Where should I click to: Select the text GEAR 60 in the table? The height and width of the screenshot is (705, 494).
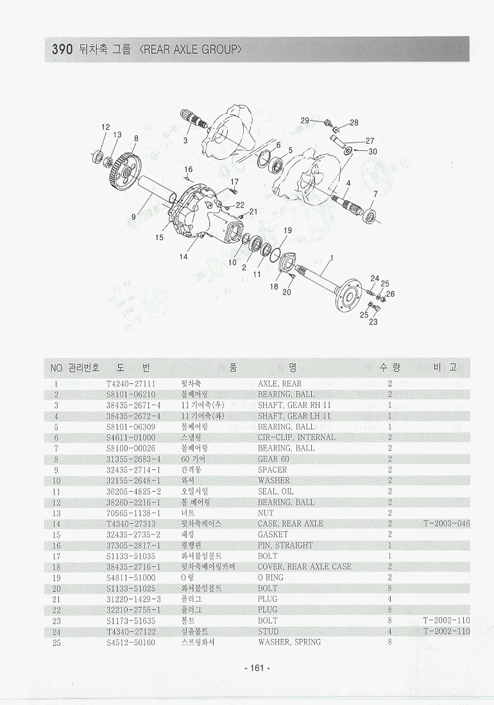point(273,459)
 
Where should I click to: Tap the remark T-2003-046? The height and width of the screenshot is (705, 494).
point(447,524)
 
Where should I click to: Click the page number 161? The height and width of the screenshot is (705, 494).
point(257,668)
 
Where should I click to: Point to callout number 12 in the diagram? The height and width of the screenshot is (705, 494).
point(106,127)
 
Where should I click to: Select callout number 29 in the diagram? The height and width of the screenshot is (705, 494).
point(305,121)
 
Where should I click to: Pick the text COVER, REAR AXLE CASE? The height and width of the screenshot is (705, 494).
point(304,567)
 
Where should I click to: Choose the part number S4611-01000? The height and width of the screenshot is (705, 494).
point(130,437)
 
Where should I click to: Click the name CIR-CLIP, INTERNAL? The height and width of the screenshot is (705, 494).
point(296,437)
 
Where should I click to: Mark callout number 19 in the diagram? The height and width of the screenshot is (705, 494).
point(288,231)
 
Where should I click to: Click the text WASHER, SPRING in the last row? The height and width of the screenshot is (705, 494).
point(289,642)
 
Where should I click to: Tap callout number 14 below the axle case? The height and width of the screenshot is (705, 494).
point(183,256)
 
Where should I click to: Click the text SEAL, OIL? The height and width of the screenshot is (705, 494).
point(276,491)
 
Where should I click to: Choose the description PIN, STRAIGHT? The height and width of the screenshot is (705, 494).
point(285,545)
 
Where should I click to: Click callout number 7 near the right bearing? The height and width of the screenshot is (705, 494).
point(375,193)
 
